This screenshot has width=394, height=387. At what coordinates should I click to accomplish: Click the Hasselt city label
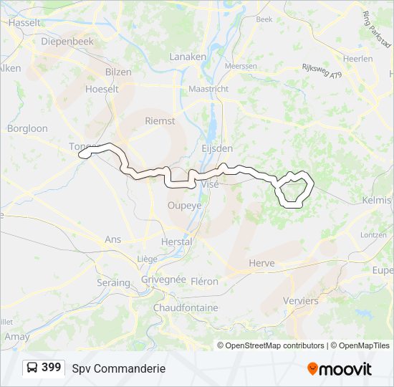pyautogui.click(x=26, y=23)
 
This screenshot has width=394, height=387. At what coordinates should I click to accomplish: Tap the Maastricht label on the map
pyautogui.click(x=208, y=89)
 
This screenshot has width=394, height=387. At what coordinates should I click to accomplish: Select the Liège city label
pyautogui.click(x=147, y=259)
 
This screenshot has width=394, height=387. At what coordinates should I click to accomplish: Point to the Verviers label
pyautogui.click(x=301, y=301)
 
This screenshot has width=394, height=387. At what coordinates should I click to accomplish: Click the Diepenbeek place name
pyautogui.click(x=67, y=42)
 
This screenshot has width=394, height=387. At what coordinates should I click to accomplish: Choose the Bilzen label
pyautogui.click(x=118, y=72)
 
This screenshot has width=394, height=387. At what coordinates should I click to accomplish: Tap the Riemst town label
pyautogui.click(x=160, y=121)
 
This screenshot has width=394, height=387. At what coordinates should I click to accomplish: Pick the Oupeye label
pyautogui.click(x=184, y=205)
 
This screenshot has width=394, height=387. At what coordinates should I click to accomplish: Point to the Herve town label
pyautogui.click(x=261, y=263)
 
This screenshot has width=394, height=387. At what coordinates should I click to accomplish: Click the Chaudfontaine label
pyautogui.click(x=186, y=307)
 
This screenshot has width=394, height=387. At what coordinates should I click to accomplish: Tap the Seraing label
pyautogui.click(x=113, y=283)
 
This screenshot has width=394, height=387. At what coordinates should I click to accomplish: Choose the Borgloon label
pyautogui.click(x=27, y=129)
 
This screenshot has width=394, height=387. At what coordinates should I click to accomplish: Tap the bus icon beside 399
pyautogui.click(x=33, y=368)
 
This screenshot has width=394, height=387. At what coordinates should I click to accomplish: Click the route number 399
pyautogui.click(x=52, y=368)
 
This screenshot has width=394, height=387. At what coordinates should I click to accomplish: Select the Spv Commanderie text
pyautogui.click(x=119, y=368)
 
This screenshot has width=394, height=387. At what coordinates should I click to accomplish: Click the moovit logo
pyautogui.click(x=340, y=368)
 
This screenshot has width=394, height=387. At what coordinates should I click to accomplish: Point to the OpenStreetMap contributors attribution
pyautogui.click(x=274, y=345)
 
